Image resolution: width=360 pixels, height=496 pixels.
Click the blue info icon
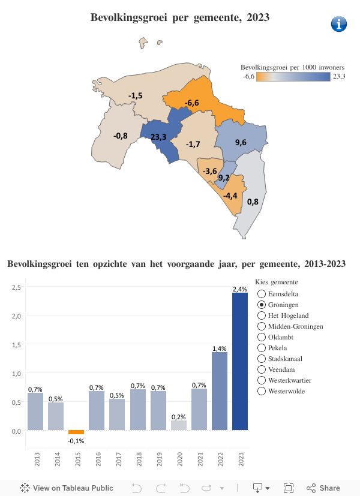[340, 25]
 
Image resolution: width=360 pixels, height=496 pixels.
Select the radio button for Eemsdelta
[262, 294]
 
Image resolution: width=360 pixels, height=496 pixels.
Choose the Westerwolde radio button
[262, 391]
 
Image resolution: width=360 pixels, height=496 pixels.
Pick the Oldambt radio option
[262, 337]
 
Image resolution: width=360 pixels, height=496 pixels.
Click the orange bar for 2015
[76, 432]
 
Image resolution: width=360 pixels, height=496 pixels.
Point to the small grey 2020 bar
[179, 425]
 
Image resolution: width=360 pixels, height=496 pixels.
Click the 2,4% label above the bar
[240, 289]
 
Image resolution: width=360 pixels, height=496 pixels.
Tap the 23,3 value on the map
[159, 137]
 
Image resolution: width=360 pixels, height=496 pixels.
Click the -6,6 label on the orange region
[192, 103]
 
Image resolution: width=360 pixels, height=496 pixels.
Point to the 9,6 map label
[241, 142]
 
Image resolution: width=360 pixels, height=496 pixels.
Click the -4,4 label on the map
[230, 196]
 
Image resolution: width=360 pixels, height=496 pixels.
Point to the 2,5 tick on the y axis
[17, 287]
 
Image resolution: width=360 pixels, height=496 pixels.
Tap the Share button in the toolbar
[323, 488]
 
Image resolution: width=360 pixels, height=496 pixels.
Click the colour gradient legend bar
[295, 76]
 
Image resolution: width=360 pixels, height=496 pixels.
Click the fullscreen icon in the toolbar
[289, 488]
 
